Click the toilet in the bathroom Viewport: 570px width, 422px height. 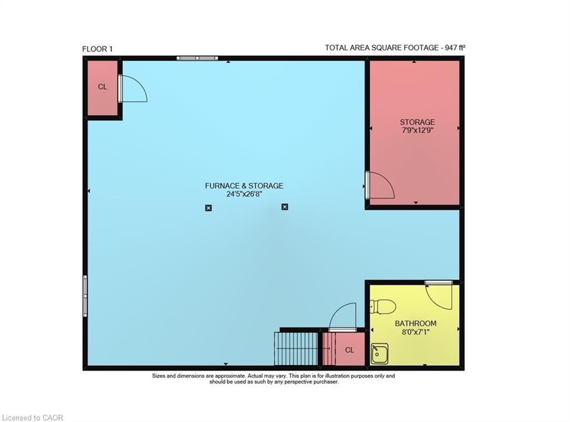[383, 306]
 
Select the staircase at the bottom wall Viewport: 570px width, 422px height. [296, 349]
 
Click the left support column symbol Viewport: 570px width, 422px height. [208, 208]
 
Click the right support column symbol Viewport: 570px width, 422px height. [285, 207]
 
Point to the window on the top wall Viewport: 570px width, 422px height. [197, 58]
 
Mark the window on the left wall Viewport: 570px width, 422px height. [85, 295]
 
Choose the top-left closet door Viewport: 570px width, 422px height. [132, 90]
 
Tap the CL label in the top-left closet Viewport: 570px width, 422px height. [102, 87]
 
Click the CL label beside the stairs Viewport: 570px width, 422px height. [350, 350]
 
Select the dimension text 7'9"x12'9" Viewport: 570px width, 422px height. [417, 131]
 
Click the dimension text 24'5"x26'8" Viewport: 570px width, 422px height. [244, 195]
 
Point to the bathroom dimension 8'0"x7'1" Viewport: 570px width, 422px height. [415, 332]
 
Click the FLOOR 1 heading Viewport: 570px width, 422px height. [97, 49]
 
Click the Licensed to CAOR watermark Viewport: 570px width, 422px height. [33, 418]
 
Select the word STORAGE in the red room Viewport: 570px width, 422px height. [417, 122]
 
